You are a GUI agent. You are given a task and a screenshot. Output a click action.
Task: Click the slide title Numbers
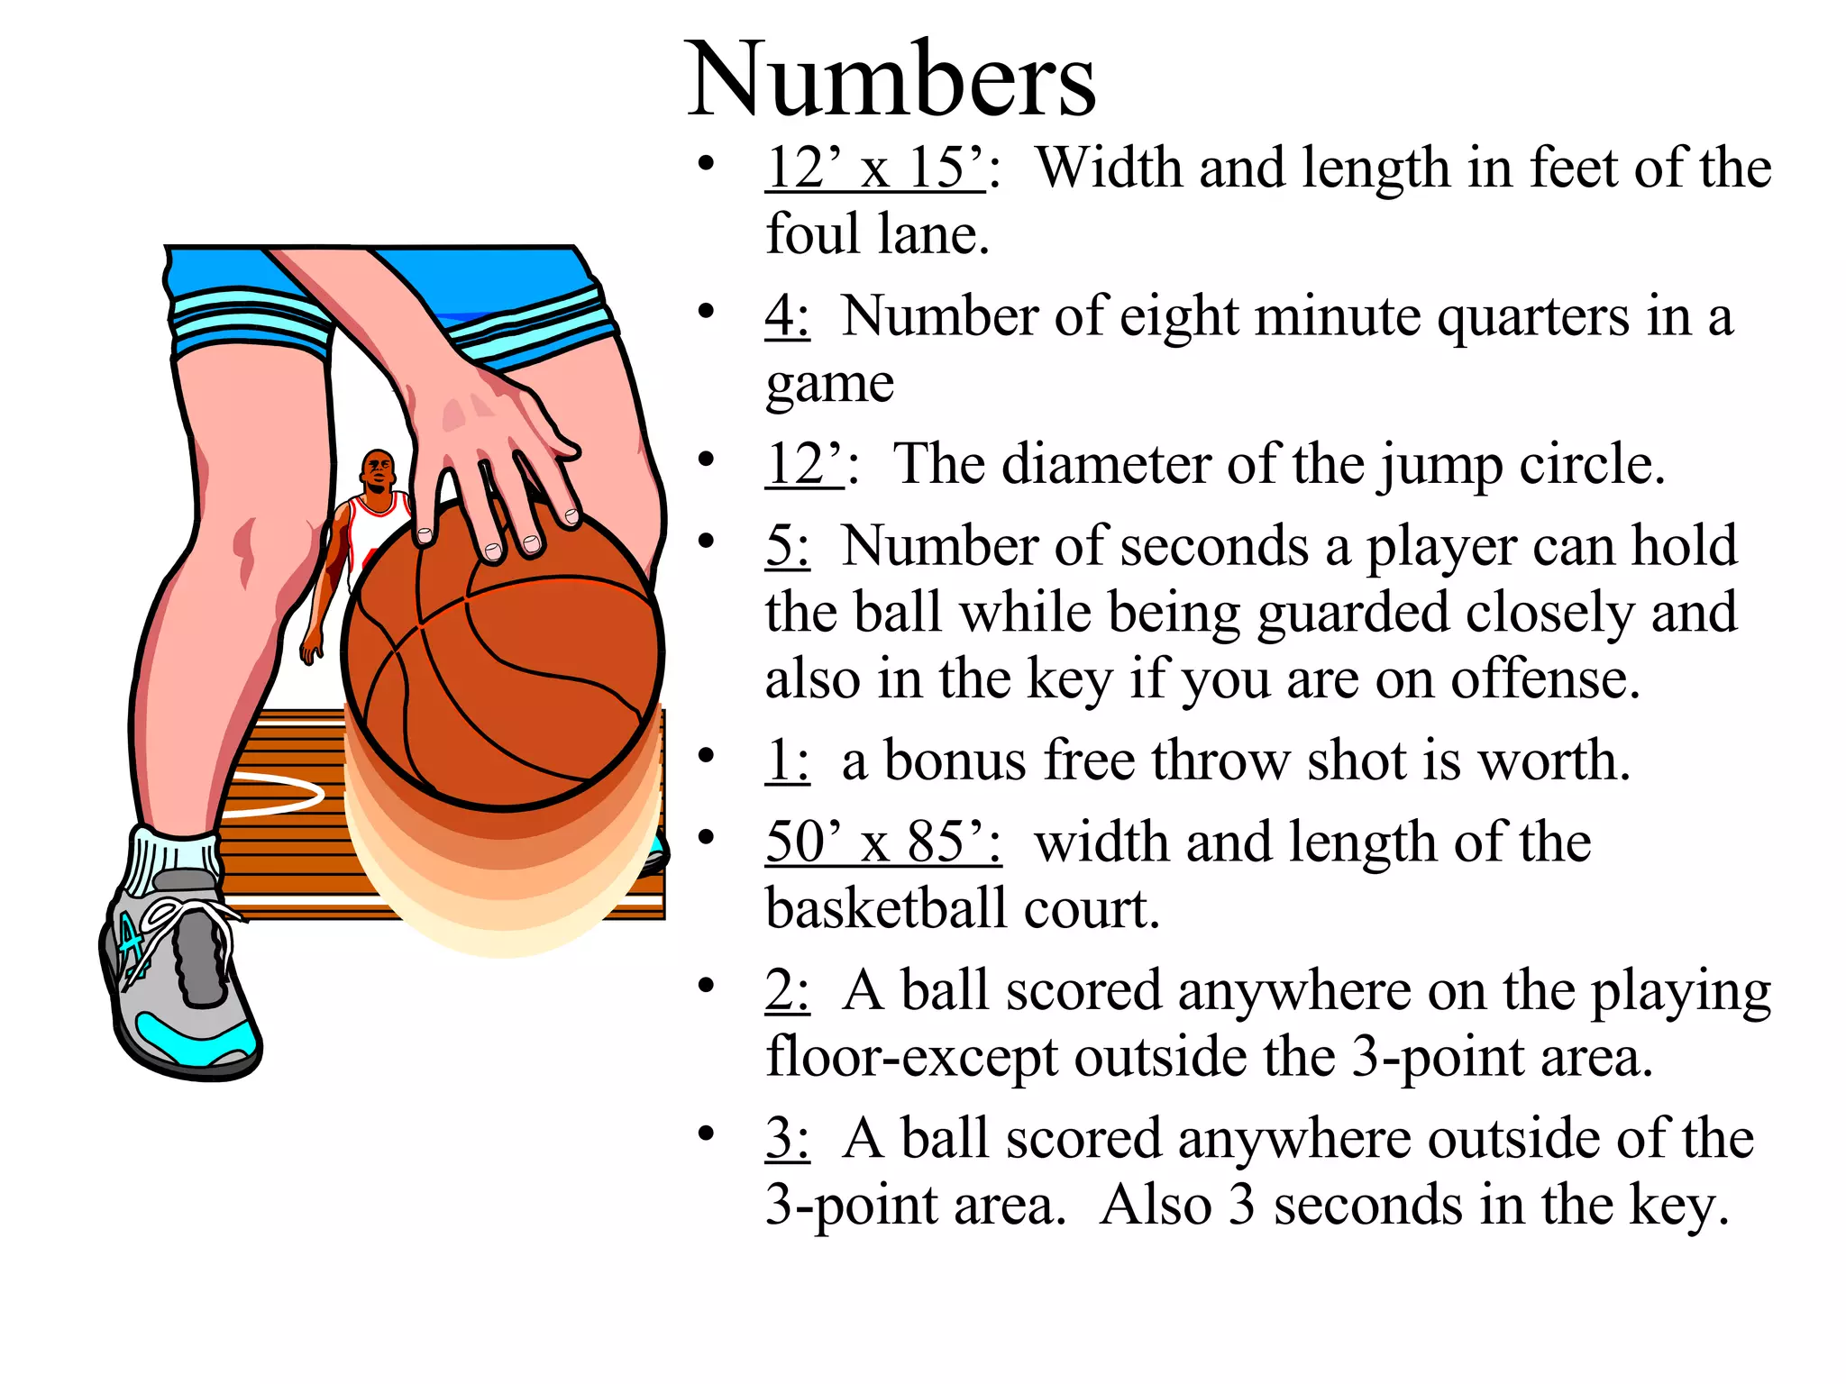pos(891,81)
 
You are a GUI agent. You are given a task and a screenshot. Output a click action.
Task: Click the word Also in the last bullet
pos(1156,1206)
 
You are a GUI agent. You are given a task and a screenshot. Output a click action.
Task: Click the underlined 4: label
pos(786,317)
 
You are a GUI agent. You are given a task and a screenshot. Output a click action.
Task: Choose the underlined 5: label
pos(786,547)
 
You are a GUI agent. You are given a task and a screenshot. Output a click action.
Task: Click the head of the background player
pos(378,470)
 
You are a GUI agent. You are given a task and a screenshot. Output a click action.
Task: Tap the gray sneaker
pos(180,982)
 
